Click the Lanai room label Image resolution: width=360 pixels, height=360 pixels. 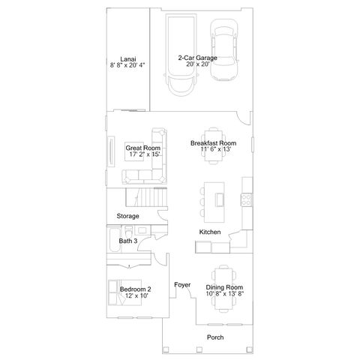[x=128, y=59]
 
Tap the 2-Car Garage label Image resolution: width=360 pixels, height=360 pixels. [x=197, y=58]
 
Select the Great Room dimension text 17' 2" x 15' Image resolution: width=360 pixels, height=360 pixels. [x=145, y=154]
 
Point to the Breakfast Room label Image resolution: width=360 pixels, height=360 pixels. [x=213, y=143]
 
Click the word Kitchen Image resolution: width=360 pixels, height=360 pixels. [x=210, y=232]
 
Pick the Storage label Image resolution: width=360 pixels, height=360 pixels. [x=127, y=216]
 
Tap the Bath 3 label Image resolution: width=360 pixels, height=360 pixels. [x=128, y=241]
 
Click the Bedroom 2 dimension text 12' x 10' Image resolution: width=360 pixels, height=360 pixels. [x=136, y=295]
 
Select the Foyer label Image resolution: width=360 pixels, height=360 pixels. [x=182, y=285]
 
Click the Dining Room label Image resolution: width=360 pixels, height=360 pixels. [x=224, y=287]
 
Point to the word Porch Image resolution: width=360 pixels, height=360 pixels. [x=215, y=337]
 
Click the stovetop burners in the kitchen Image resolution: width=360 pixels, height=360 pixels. [x=246, y=199]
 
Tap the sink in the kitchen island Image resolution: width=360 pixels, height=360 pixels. [x=220, y=200]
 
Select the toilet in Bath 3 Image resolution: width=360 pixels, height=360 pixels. [x=129, y=232]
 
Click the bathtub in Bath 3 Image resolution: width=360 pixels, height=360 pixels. [x=115, y=239]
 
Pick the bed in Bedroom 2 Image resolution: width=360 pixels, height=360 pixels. [x=125, y=292]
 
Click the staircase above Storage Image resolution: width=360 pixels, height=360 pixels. [x=146, y=197]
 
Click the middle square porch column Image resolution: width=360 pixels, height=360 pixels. [x=199, y=349]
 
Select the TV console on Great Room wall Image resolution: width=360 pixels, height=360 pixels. [x=111, y=151]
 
